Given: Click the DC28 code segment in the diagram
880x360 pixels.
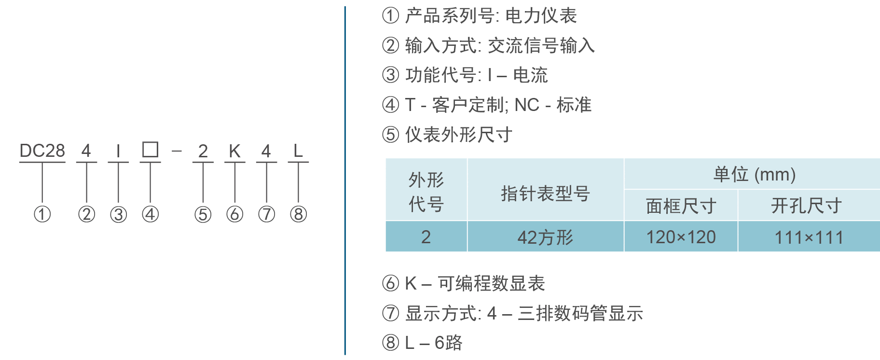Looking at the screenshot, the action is coord(42,151).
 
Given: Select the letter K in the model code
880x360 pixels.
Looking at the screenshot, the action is coord(234,151).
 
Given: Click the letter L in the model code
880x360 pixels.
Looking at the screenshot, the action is coord(298,151).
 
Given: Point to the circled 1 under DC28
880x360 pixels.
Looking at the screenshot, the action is coord(42,214).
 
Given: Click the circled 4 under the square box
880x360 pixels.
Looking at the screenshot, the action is coord(150,214).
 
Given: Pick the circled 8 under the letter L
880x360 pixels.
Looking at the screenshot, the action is coord(299,214).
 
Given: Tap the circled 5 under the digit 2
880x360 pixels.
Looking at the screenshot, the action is coord(203,214).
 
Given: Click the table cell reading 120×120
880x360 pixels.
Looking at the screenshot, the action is coord(681,237).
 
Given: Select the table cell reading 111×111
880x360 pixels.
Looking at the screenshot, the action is coord(809,237).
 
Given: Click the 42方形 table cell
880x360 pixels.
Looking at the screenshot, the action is coord(545,237).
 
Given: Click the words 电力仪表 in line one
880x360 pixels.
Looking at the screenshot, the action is coord(541,16).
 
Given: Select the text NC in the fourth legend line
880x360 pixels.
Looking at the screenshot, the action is coord(527,105).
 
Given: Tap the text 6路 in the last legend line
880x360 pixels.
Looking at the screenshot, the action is coord(448,343).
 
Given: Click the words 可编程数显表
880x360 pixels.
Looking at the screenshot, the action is coord(491,283).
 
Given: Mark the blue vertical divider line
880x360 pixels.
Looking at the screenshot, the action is coord(345,180).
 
